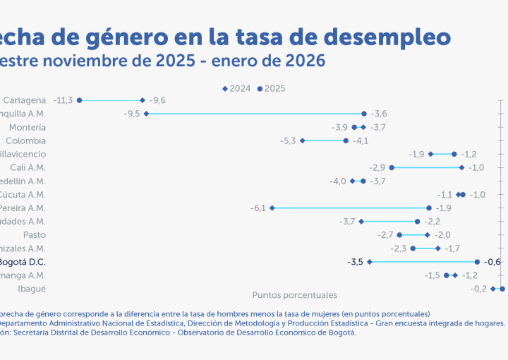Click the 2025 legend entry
point(271,89)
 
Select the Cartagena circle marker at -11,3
point(79,100)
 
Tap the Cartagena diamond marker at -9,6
point(143,100)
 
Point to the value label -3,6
point(380,114)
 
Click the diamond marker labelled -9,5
point(146,114)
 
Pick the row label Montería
point(28,127)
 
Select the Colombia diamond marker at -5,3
point(303,140)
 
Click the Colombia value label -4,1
point(361,140)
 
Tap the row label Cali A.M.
point(28,167)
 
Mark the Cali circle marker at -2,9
point(392,167)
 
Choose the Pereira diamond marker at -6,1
point(272,208)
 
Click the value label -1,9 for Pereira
point(443,208)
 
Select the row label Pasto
point(35,234)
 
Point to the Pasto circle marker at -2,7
point(399,234)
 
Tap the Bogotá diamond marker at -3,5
point(369,262)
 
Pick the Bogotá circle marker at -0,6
point(477,262)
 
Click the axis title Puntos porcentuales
point(295,295)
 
